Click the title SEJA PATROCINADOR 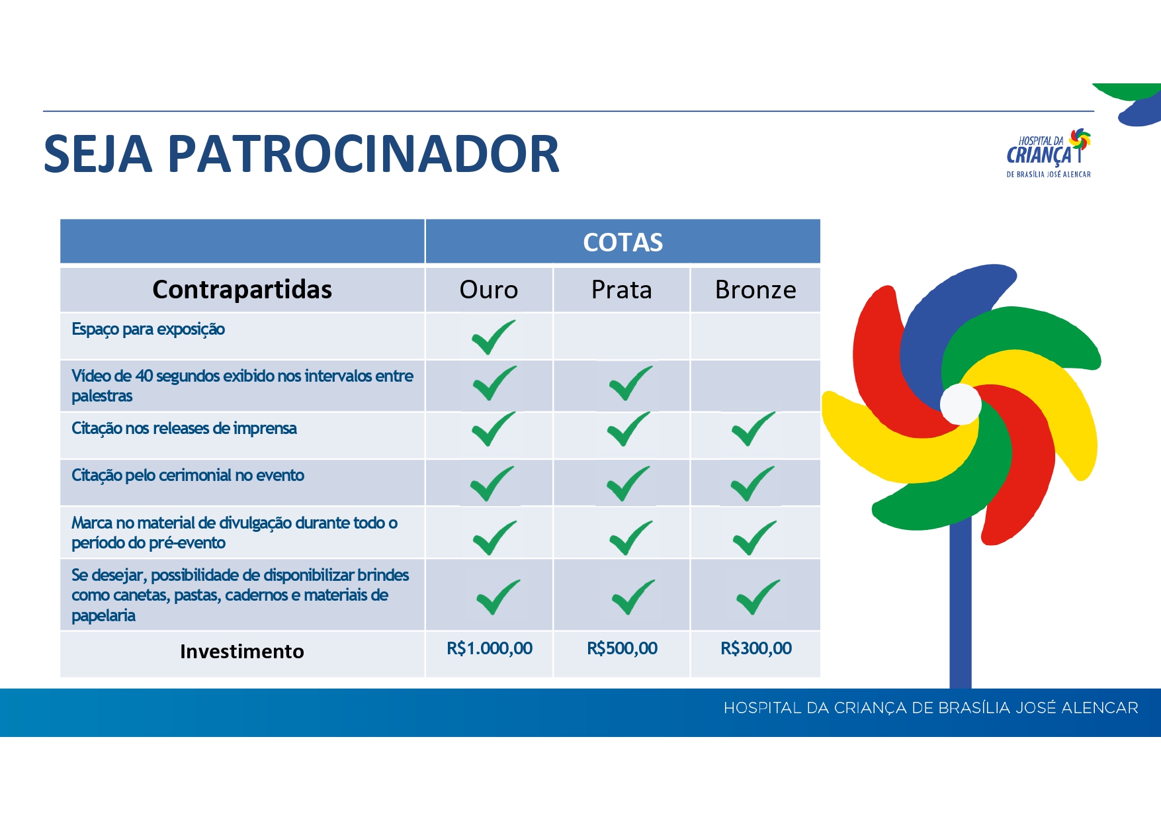302,154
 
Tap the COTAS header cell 623,241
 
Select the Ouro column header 489,290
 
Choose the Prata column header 621,290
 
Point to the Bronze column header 755,290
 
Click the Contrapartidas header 242,290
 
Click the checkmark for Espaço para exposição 493,337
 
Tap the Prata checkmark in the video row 630,383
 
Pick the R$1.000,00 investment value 490,648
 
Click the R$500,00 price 622,648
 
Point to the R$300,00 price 756,648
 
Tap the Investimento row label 242,652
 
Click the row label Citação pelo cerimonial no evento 188,476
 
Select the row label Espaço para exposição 148,329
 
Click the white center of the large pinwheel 961,404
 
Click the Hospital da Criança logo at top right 1049,153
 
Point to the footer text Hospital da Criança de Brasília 931,708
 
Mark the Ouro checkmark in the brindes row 497,597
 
